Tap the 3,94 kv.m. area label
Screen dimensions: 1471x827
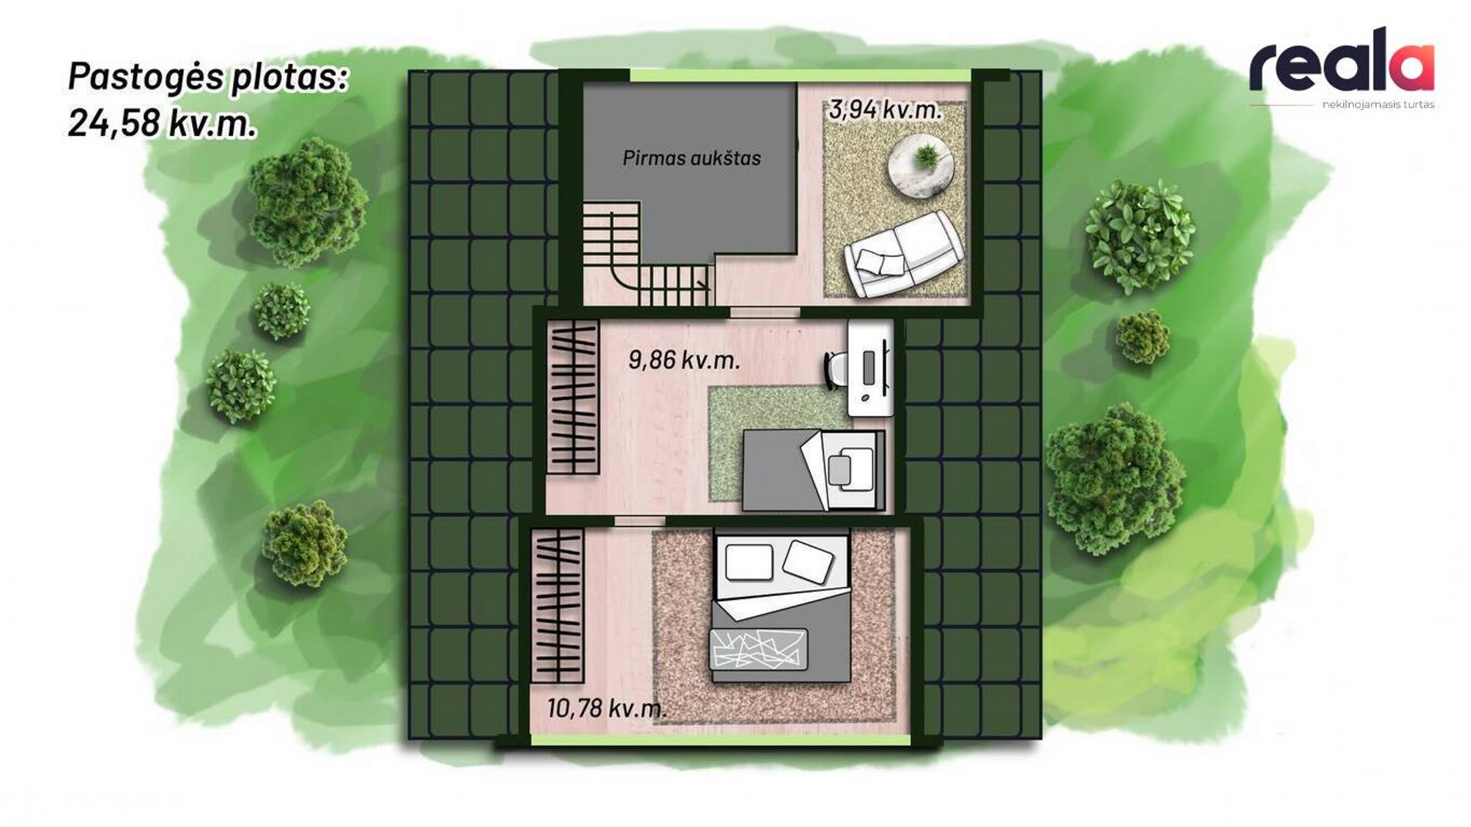coord(885,110)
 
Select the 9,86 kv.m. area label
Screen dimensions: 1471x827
coord(684,360)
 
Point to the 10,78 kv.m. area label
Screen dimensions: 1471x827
coord(606,708)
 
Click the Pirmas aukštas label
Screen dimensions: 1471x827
coord(691,158)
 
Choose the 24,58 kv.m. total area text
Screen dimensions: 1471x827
coord(162,123)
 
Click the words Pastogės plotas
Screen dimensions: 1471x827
coord(207,77)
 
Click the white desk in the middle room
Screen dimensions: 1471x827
coord(871,368)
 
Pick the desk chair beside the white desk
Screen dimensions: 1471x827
coord(835,370)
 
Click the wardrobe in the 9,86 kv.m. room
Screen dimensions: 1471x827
coord(574,397)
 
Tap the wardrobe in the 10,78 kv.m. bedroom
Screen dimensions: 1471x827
coord(557,606)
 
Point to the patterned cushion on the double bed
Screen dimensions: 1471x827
coord(760,648)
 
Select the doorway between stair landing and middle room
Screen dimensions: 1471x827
coord(765,313)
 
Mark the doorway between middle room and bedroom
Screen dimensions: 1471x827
coord(639,521)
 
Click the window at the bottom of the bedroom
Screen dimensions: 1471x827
coord(721,740)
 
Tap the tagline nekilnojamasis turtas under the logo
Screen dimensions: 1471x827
coord(1378,104)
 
